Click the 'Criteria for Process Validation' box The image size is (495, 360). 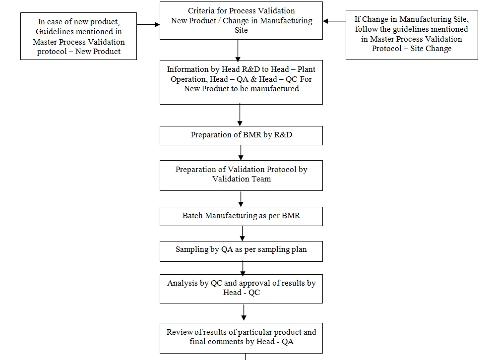point(241,20)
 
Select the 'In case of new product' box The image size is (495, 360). point(78,36)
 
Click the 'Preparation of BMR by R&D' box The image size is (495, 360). point(241,135)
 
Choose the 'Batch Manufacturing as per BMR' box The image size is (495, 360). point(241,216)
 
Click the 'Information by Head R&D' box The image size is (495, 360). point(241,82)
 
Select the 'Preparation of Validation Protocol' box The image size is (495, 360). point(241,175)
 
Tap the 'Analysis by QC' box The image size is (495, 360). point(241,288)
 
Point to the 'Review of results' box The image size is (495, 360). point(241,338)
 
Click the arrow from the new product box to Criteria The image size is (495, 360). point(148,24)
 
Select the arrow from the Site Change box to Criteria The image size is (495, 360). point(334,21)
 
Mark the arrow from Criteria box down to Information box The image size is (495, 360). point(238,50)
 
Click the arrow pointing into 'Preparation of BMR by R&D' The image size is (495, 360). point(240,115)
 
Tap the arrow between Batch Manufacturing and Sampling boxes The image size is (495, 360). point(242,233)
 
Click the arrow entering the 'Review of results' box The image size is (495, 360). point(244,313)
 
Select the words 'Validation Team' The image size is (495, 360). point(242,179)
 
